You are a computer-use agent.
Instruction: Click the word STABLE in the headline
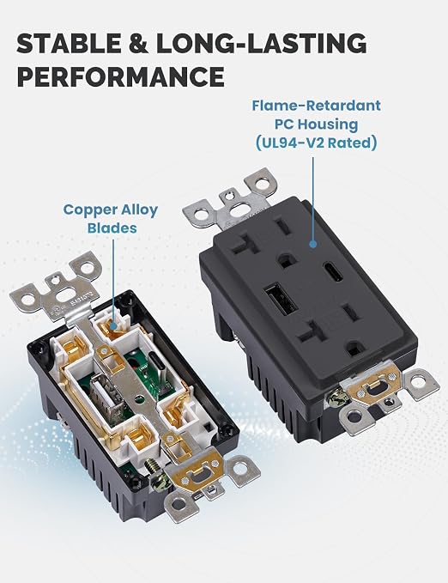[69, 43]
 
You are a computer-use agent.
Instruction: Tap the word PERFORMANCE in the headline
[120, 76]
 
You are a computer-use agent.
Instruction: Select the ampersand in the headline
[138, 43]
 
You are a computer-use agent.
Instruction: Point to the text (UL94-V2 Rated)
[317, 143]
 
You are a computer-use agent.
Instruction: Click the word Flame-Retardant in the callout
[317, 106]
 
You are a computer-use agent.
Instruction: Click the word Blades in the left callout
[112, 228]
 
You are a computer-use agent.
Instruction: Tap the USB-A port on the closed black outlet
[282, 300]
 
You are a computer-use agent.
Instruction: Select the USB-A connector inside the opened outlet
[106, 395]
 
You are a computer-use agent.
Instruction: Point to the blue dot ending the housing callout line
[313, 245]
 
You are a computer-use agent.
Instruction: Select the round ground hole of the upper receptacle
[286, 260]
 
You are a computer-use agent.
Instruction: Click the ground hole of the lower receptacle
[354, 349]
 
